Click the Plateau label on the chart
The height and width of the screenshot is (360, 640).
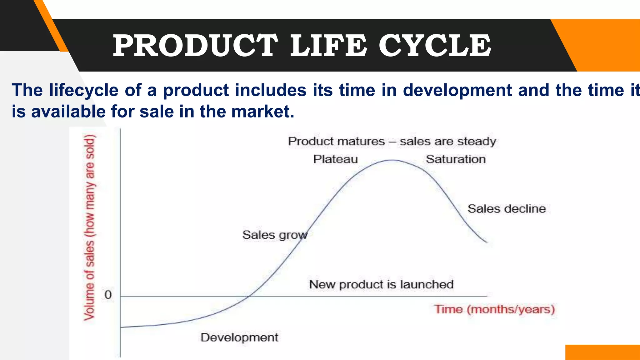(335, 159)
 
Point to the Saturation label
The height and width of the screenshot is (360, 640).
(456, 159)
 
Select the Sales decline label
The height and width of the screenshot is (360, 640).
(506, 209)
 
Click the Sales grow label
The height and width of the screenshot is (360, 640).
(274, 235)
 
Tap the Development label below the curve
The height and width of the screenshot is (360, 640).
(239, 337)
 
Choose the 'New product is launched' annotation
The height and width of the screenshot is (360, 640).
(381, 284)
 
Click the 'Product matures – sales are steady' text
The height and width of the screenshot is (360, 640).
(392, 141)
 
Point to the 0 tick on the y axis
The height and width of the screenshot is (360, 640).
(108, 295)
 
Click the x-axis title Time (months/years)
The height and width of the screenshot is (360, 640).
(494, 309)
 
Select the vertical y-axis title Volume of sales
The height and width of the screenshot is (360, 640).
(89, 227)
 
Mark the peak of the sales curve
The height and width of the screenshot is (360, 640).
(392, 160)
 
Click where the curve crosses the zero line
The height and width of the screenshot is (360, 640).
(249, 296)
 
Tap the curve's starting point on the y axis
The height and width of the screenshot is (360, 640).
(121, 327)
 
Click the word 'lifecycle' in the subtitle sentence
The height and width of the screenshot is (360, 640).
(84, 90)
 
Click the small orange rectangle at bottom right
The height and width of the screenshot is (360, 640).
(602, 352)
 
